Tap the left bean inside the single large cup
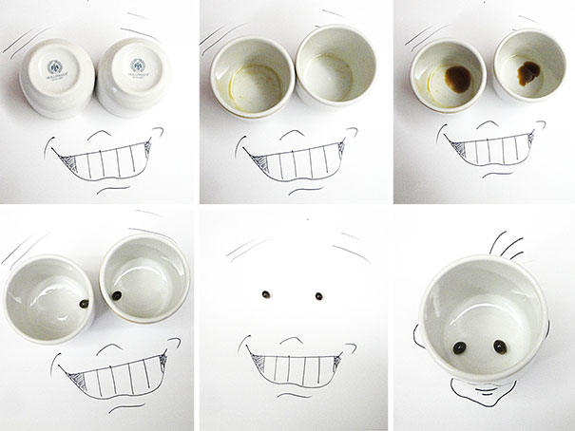461,346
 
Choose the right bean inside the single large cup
499,345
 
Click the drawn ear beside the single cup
417,328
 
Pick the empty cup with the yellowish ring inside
249,75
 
